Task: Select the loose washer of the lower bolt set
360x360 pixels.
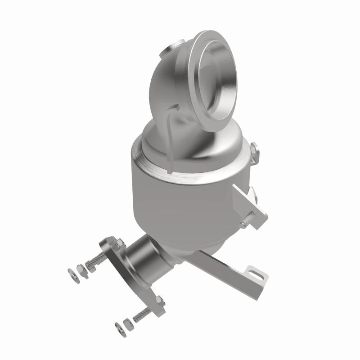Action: point(119,325)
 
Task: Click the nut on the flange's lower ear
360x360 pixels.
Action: point(159,300)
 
